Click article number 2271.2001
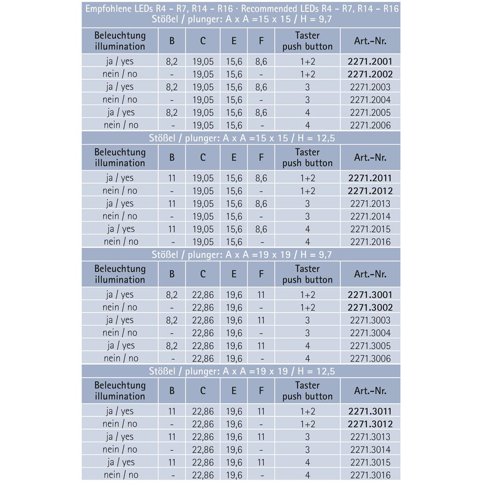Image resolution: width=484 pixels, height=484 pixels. coord(370,61)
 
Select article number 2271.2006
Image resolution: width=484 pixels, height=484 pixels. coord(370,125)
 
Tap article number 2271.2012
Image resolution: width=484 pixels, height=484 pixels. coord(370,191)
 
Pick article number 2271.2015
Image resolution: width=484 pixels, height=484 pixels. coord(370,229)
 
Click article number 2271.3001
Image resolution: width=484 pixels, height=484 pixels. coord(370,295)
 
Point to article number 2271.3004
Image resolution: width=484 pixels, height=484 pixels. coord(370,333)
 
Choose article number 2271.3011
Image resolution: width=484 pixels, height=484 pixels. coord(370,412)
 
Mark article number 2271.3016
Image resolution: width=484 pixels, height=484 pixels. coord(370,475)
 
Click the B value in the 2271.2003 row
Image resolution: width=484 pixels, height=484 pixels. coord(172,87)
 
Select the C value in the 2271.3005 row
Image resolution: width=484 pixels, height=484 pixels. coord(203,346)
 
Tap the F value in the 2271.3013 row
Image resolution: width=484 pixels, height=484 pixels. coord(261,437)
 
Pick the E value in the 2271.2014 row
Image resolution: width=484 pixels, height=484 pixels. coord(233,216)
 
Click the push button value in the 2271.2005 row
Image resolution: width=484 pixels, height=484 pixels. coord(307,113)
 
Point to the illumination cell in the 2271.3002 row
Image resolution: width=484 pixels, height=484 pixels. coord(120,308)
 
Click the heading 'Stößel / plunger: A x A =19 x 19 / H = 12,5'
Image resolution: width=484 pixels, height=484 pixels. coord(242,372)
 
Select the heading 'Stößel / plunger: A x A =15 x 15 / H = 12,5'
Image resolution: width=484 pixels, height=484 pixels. coord(242,138)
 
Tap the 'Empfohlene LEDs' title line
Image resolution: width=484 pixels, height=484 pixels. coord(242,9)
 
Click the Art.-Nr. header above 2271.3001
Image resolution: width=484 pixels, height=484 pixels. coord(370,274)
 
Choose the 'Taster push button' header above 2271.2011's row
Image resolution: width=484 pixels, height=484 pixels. coord(307,158)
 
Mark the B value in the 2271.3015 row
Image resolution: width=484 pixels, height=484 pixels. coord(172,462)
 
